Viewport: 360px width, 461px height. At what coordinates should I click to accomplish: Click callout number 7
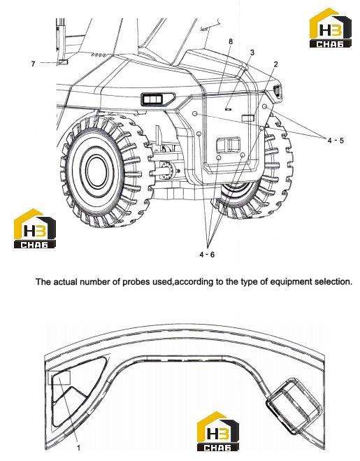coord(34,64)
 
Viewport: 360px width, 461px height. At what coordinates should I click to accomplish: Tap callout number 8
coord(231,41)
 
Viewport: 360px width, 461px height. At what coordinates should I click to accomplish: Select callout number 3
coord(252,52)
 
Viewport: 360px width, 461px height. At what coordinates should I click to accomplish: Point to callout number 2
coord(275,64)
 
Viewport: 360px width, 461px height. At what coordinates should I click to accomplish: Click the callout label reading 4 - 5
coord(336,141)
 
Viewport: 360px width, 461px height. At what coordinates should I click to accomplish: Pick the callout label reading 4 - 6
coord(207,255)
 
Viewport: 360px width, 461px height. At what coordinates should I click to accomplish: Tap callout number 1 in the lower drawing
coord(78,448)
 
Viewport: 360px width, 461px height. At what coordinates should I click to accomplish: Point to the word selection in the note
coord(333,282)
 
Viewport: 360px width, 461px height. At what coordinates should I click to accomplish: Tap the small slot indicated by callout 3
coord(228,109)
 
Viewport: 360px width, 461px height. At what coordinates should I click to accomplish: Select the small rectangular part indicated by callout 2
coord(247,118)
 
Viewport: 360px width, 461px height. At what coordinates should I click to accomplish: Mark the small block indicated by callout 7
coord(63,62)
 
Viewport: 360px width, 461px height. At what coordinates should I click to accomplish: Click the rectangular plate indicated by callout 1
coord(59,378)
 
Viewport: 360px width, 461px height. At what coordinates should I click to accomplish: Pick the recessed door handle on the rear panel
coord(229,146)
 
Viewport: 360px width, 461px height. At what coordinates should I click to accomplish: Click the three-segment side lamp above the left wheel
coord(157,99)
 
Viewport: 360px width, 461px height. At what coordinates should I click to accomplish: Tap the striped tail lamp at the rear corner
coord(278,91)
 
